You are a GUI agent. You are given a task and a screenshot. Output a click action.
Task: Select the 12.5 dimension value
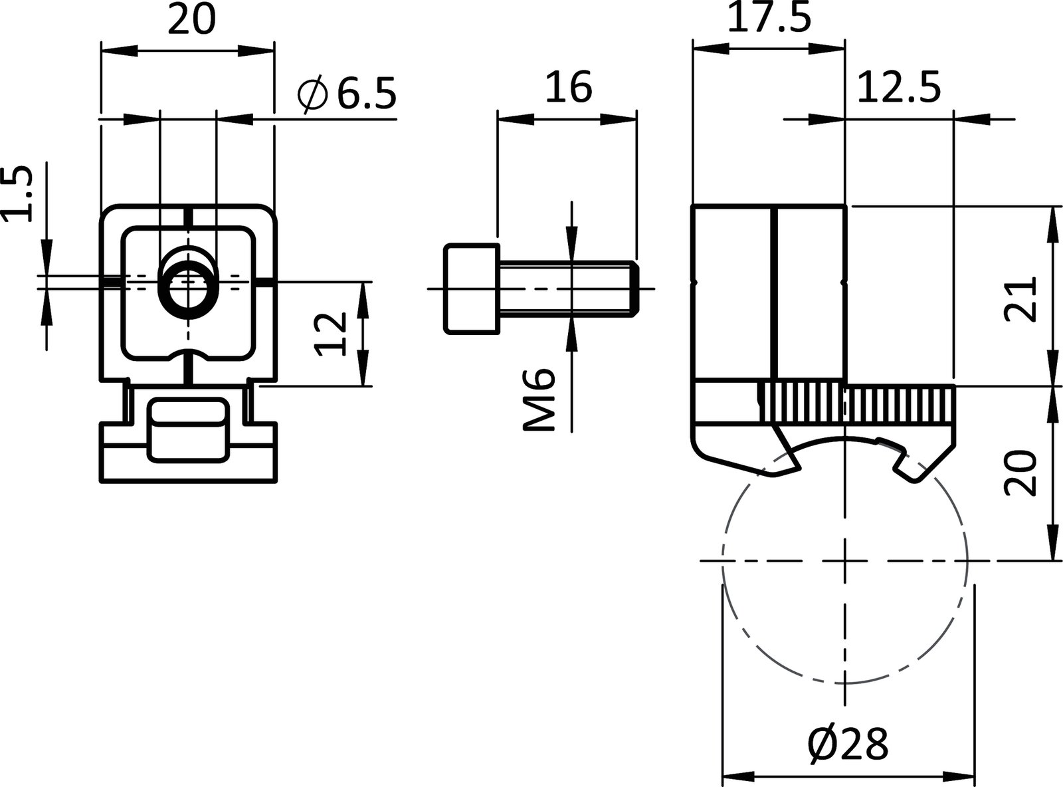click(x=898, y=88)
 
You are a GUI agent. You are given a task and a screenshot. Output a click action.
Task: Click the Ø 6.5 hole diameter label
click(x=347, y=94)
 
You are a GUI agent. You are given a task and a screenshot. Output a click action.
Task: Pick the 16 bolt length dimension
click(x=568, y=88)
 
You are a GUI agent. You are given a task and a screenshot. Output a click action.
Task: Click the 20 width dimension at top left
click(x=191, y=20)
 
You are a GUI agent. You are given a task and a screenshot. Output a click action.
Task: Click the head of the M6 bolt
click(x=472, y=288)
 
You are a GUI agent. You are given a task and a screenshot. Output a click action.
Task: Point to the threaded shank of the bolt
click(x=565, y=288)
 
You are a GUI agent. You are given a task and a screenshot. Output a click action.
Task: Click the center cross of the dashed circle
click(x=845, y=560)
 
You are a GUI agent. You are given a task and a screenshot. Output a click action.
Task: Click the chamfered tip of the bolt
click(x=635, y=288)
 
